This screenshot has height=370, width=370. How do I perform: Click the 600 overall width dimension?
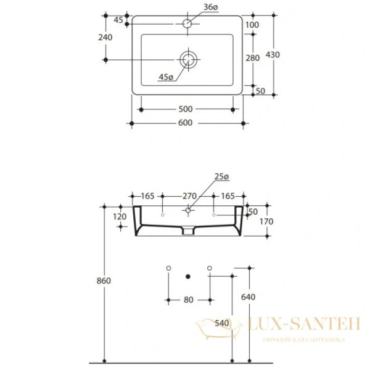pyautogui.click(x=185, y=123)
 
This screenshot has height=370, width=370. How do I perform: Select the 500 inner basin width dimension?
pyautogui.click(x=186, y=109)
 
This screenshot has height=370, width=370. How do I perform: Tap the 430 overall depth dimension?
pyautogui.click(x=273, y=55)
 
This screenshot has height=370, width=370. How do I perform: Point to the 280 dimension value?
pyautogui.click(x=252, y=58)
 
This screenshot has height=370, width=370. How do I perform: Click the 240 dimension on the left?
pyautogui.click(x=105, y=37)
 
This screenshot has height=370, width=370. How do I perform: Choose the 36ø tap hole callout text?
pyautogui.click(x=211, y=7)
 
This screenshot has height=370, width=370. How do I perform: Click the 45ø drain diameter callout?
pyautogui.click(x=166, y=77)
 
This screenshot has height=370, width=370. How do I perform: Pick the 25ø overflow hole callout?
pyautogui.click(x=221, y=176)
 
